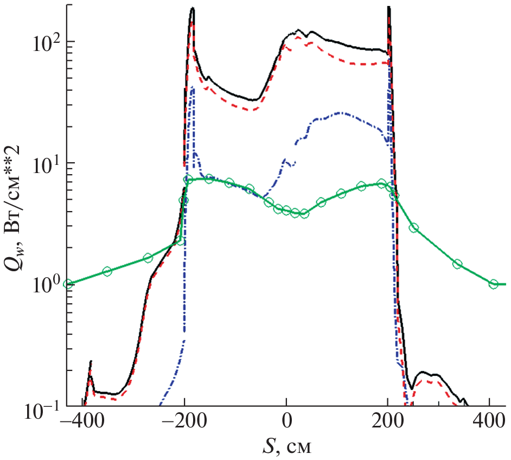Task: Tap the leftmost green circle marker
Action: pyautogui.click(x=67, y=284)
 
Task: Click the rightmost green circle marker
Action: pyautogui.click(x=494, y=284)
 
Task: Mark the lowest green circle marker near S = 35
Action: pyautogui.click(x=304, y=214)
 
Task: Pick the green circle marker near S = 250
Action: pyautogui.click(x=414, y=228)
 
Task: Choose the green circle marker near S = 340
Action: pyautogui.click(x=457, y=264)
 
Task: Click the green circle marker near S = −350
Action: pyautogui.click(x=107, y=271)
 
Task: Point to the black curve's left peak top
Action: pyautogui.click(x=192, y=8)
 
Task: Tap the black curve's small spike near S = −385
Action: pyautogui.click(x=91, y=361)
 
